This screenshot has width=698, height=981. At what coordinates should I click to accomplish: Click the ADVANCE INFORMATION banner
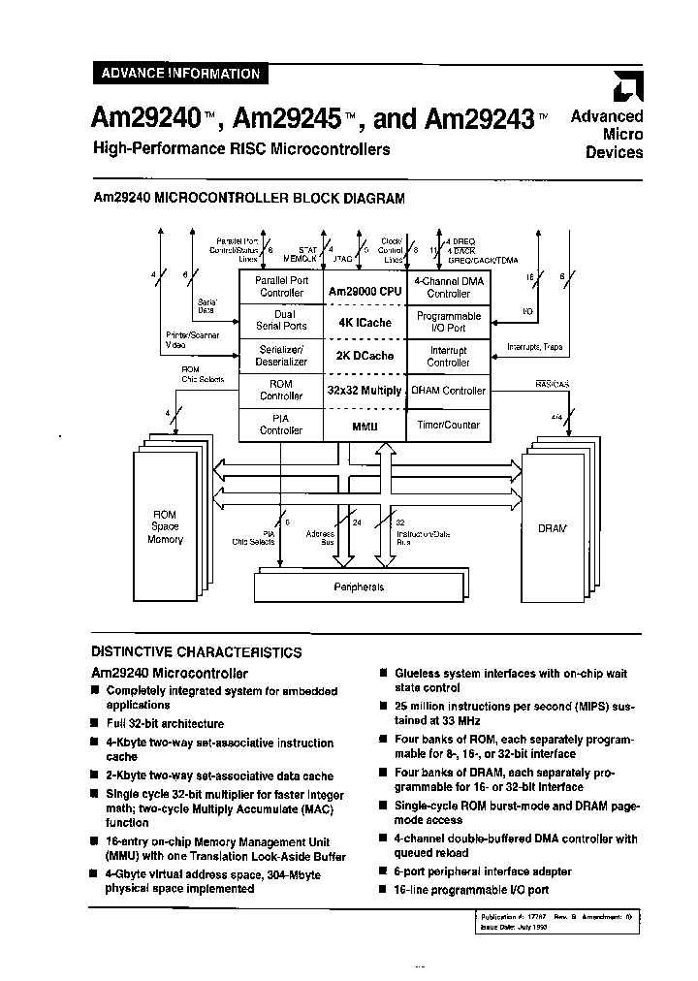tap(176, 73)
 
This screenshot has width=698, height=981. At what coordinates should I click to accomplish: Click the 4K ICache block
tap(364, 322)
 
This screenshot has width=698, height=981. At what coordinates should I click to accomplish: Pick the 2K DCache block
tap(364, 356)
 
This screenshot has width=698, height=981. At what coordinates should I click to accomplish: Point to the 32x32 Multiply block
tap(364, 390)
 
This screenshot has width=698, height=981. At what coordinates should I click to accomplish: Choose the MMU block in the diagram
tap(364, 424)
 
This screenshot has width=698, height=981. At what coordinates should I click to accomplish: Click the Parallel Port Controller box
tap(281, 286)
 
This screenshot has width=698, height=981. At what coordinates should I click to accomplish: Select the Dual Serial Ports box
tap(281, 321)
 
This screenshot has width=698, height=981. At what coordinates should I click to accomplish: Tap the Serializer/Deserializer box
tap(281, 356)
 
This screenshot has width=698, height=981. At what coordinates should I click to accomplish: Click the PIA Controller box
tap(281, 424)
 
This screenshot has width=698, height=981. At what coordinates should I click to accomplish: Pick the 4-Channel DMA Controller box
tap(448, 286)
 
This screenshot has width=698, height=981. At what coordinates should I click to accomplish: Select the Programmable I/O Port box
tap(448, 322)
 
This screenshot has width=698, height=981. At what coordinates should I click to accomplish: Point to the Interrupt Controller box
tap(448, 356)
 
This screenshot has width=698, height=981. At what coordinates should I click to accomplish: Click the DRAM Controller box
tap(448, 390)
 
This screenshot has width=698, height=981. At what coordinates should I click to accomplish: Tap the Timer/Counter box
tap(448, 424)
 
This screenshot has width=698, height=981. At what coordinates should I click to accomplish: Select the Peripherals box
tap(359, 586)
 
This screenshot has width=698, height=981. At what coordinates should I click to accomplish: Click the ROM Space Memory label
tap(165, 526)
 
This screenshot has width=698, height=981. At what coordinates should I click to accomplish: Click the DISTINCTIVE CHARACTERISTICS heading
tap(196, 652)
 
